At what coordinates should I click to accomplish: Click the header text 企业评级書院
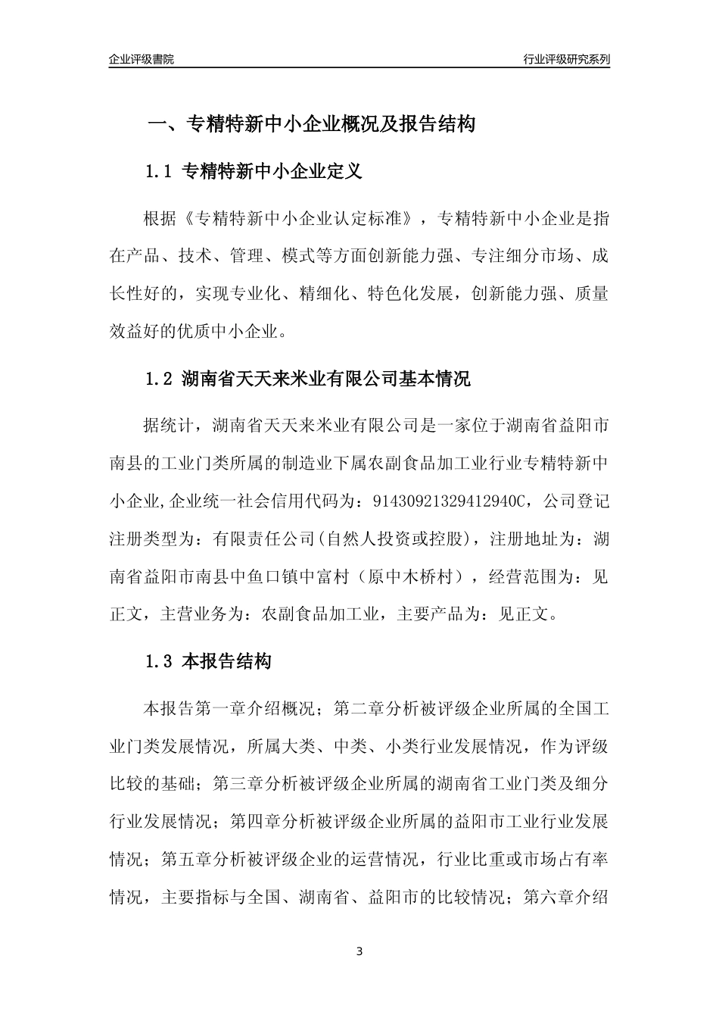click(x=142, y=59)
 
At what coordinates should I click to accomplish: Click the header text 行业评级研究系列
click(x=566, y=59)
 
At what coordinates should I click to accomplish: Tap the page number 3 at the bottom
click(x=359, y=951)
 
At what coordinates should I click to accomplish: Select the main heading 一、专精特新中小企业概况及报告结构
click(x=310, y=124)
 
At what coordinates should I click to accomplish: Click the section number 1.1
click(x=159, y=172)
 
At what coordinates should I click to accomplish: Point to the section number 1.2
click(x=159, y=379)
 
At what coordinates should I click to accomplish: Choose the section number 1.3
click(x=159, y=661)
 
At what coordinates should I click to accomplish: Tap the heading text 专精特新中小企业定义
click(x=272, y=172)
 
